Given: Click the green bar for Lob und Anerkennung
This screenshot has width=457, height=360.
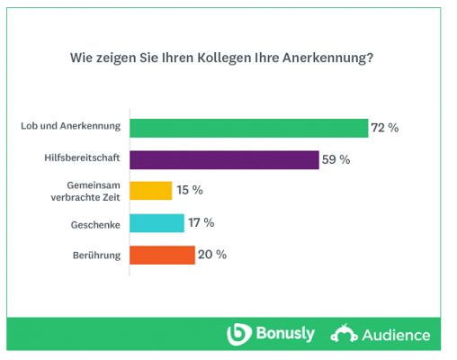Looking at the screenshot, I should [x=249, y=128].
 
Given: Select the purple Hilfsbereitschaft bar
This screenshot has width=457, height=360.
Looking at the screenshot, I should [x=224, y=160].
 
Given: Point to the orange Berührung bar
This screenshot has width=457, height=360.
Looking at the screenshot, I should [x=162, y=255].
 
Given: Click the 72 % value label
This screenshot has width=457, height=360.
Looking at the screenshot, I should [x=386, y=128].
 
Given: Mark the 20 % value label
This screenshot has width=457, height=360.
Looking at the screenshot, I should [x=213, y=255].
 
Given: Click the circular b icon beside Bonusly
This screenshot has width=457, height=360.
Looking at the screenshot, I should [x=237, y=335].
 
